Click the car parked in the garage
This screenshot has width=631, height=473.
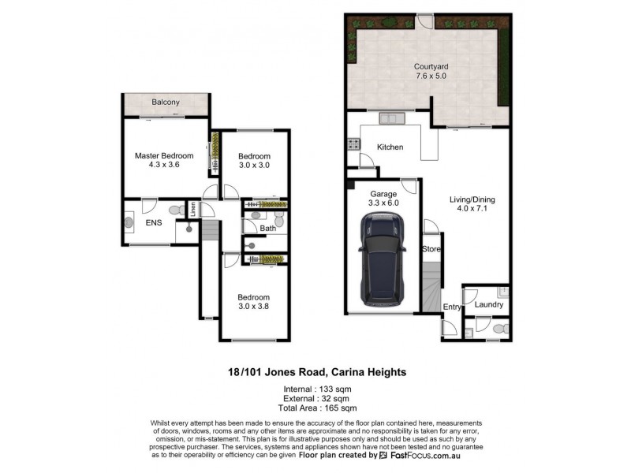[x=382, y=263]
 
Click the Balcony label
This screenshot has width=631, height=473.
[x=166, y=102]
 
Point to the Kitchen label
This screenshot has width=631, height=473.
[x=390, y=147]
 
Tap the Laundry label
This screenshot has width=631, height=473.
[x=490, y=304]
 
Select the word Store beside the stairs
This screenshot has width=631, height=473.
[x=431, y=249]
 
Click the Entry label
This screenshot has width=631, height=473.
[x=452, y=307]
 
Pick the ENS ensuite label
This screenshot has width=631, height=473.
[x=154, y=223]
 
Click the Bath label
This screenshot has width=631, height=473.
[x=268, y=229]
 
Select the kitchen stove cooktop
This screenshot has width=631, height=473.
[x=352, y=145]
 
